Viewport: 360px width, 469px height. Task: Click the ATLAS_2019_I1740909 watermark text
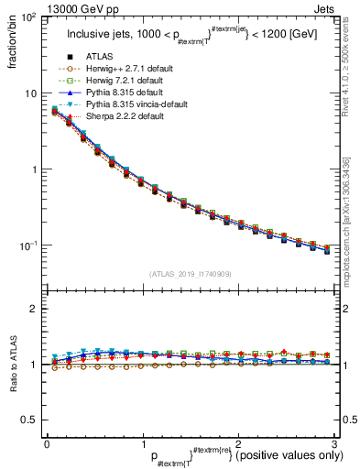click(189, 274)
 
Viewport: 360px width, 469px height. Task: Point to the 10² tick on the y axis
click(29, 18)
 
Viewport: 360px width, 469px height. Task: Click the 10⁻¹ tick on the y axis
click(29, 245)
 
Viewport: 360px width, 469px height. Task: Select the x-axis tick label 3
click(334, 443)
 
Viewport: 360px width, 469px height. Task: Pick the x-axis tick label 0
click(47, 443)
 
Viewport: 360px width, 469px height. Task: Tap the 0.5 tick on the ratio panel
click(29, 420)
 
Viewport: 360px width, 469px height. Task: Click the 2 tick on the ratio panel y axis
click(34, 309)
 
